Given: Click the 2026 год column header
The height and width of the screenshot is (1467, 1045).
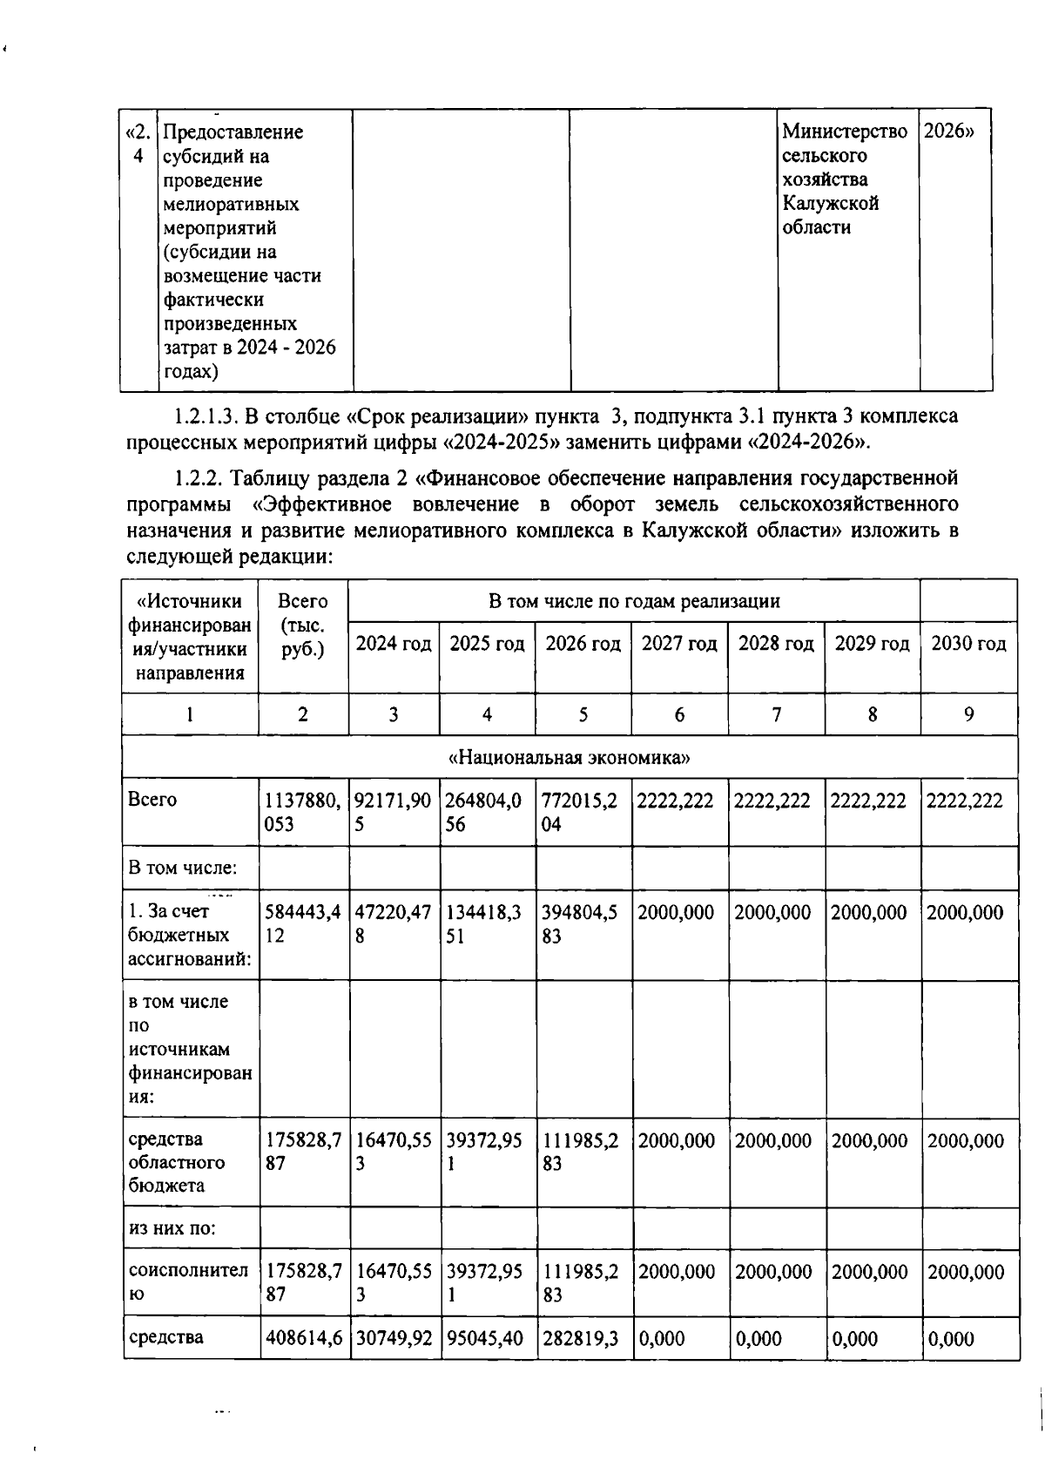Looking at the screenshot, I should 583,644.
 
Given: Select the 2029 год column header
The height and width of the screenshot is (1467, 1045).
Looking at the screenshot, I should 872,644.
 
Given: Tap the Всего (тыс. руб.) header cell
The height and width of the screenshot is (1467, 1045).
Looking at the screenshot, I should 302,625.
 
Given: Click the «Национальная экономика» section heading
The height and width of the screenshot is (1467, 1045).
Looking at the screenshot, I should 569,757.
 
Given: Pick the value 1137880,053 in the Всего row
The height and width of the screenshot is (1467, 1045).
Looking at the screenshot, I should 302,812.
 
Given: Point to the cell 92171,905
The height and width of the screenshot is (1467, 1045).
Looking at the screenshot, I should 393,812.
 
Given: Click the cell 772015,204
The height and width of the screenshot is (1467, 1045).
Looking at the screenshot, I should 582,812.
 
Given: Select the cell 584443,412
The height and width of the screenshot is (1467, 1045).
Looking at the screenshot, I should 302,924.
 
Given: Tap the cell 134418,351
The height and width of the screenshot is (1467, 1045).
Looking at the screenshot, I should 486,924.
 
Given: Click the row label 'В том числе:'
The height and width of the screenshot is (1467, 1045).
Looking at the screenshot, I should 182,869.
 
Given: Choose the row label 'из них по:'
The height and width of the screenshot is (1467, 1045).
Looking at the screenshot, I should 172,1228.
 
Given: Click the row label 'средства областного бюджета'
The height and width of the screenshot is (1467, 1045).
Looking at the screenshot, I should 178,1162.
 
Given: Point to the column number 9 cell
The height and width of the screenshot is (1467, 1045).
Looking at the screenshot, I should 968,715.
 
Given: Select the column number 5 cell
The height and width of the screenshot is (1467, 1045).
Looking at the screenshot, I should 583,715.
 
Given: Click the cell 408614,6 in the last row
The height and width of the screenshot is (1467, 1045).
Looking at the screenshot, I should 303,1339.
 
